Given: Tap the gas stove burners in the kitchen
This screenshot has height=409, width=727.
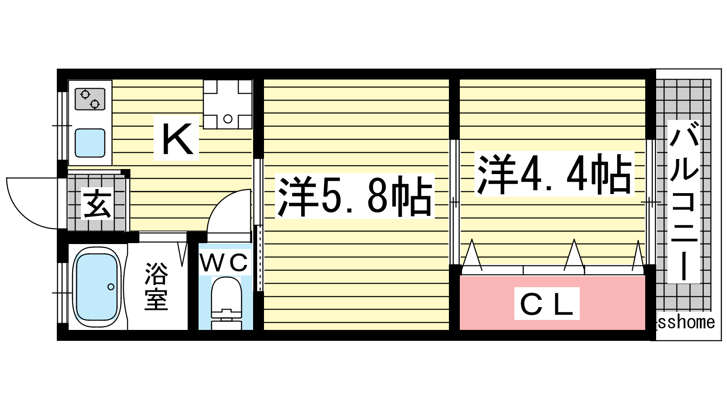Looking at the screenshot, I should tap(90, 99).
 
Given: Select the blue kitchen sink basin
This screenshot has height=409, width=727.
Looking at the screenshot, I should tap(90, 143).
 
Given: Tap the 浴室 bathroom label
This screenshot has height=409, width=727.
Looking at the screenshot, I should tap(156, 286).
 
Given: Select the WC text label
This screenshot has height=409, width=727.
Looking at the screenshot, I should tap(224, 262).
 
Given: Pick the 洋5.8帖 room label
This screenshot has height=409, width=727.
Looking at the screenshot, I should tap(354, 196).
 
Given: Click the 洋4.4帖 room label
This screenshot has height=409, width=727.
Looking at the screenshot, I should tap(554, 174).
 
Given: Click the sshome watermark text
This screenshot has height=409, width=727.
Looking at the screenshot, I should tap(686, 322).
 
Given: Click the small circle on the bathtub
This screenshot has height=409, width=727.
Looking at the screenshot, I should tap(110, 287).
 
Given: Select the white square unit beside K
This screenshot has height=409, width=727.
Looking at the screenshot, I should tap(227, 104).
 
